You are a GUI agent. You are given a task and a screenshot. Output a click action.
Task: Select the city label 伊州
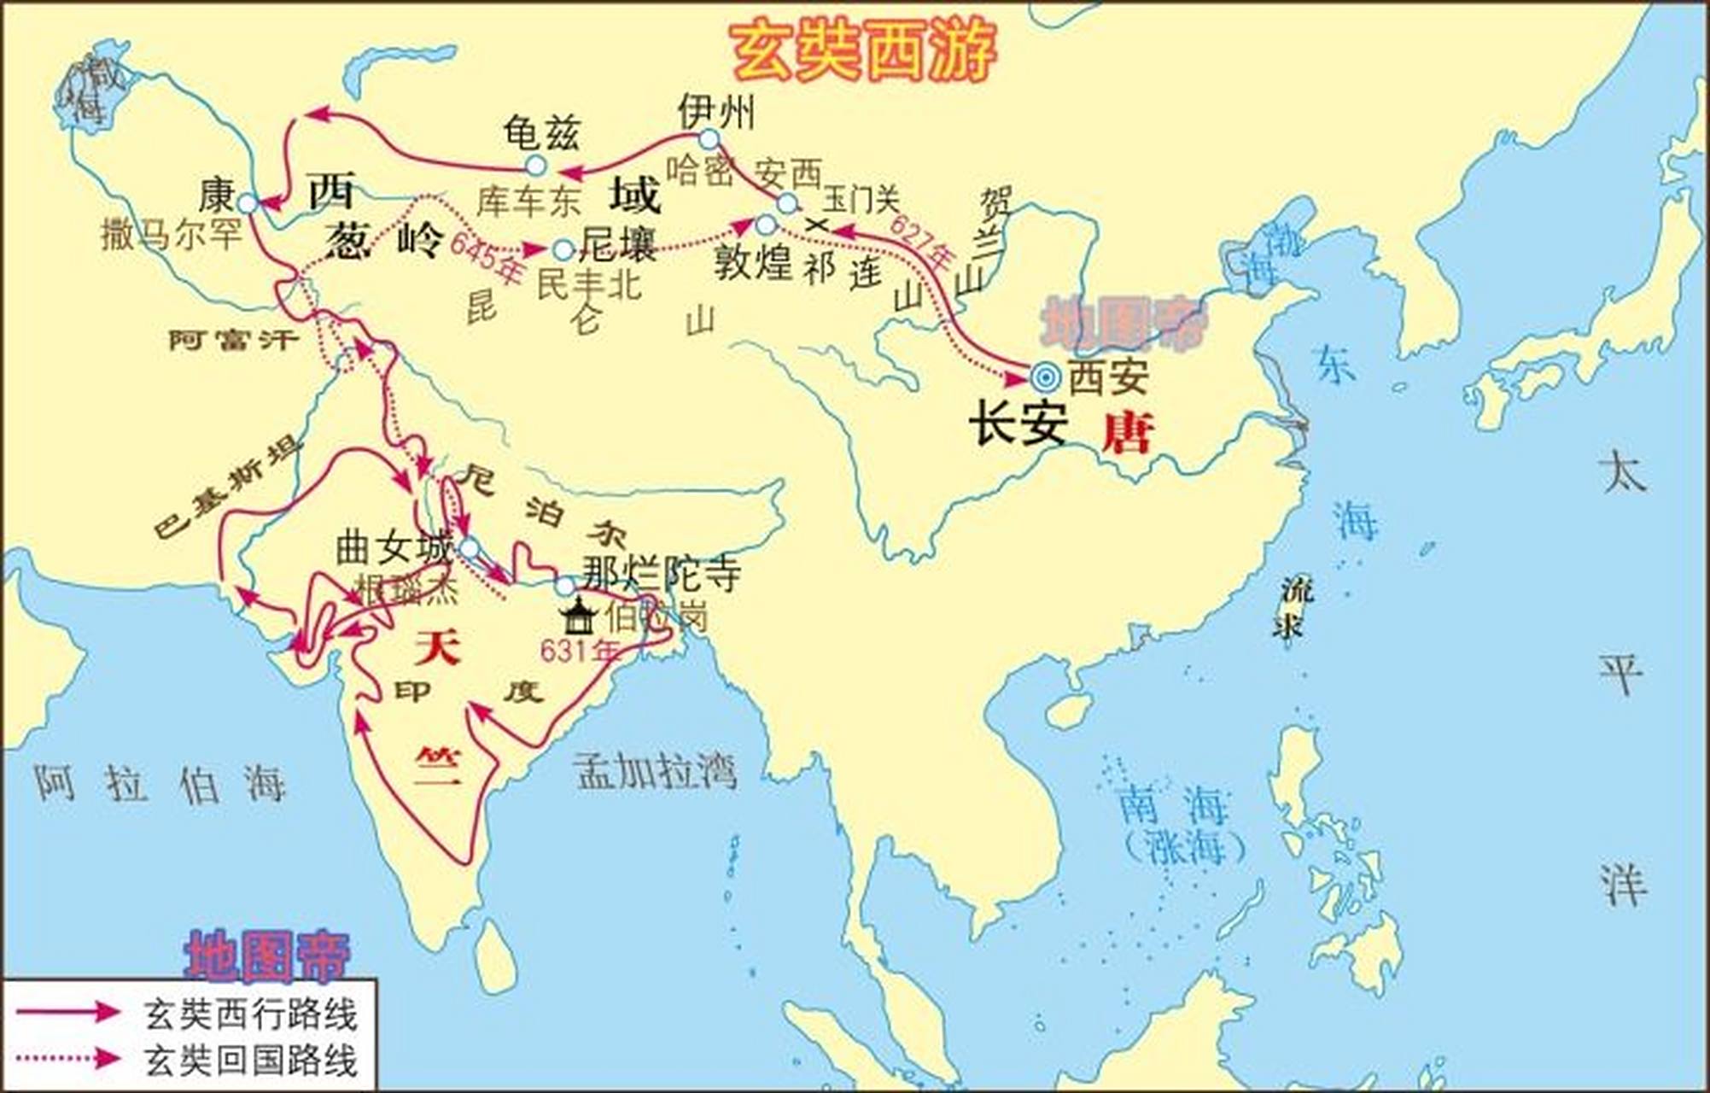715,111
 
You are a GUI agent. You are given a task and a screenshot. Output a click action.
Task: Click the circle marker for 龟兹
535,165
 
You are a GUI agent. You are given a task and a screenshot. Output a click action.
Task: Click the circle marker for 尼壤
563,250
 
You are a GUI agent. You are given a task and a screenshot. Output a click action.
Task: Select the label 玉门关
860,201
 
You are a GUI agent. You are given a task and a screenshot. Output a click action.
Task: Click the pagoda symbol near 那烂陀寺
579,616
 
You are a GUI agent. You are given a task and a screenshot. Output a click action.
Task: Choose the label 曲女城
393,547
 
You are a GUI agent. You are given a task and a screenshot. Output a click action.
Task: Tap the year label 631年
580,652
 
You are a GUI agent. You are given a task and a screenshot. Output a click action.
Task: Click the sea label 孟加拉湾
656,771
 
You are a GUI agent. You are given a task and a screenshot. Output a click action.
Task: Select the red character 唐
1127,433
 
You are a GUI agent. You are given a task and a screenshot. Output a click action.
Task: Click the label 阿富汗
233,341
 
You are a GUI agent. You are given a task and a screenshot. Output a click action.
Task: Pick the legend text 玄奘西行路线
250,1015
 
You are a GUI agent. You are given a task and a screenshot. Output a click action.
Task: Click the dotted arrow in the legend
68,1059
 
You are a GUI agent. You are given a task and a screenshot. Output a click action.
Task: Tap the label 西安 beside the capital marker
1108,377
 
